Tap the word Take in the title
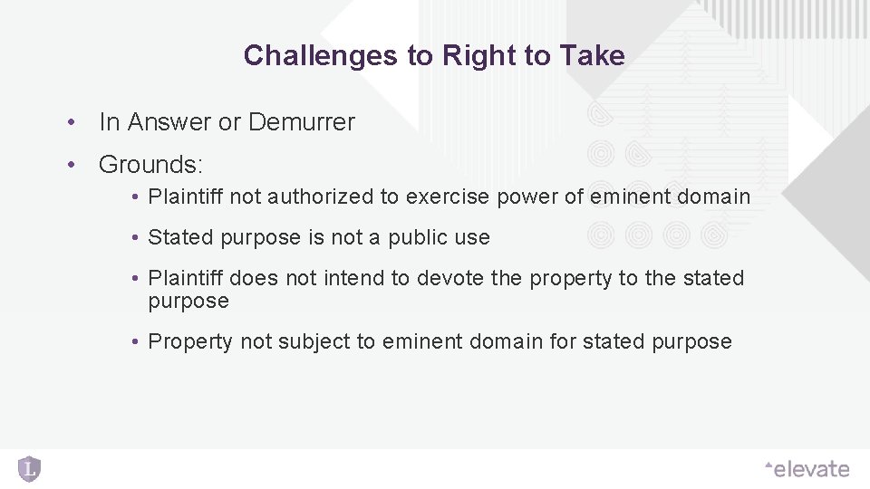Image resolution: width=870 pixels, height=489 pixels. coord(593,56)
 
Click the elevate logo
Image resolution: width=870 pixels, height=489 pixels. coord(807,469)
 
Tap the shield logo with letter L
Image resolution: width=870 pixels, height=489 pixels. coord(30,469)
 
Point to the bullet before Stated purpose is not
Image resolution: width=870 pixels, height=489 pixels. coord(133,238)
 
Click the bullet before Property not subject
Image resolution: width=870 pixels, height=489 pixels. coord(133,341)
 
